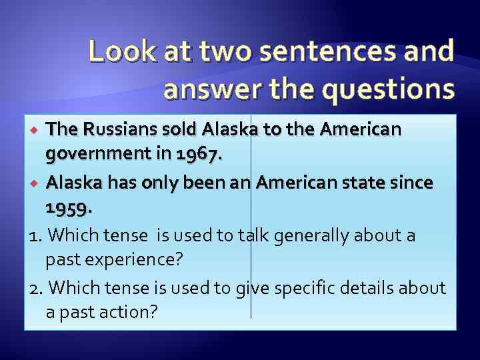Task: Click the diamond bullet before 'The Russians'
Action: [37, 129]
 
